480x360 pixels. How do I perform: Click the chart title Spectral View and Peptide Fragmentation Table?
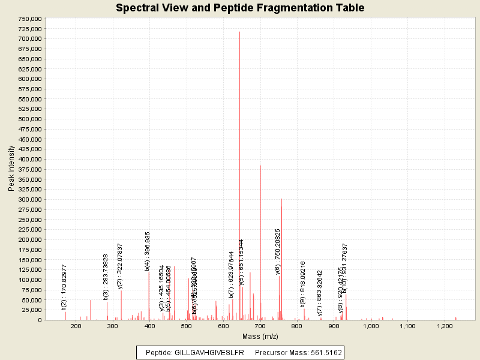[240, 8]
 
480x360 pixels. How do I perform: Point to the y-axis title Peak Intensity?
[11, 169]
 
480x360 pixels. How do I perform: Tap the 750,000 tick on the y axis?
[29, 19]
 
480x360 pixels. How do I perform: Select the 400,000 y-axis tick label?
[29, 160]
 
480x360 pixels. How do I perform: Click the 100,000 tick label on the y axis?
[29, 280]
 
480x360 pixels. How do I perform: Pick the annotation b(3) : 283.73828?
[106, 277]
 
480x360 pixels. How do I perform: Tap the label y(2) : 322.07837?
[120, 266]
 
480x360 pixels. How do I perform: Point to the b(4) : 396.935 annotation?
[148, 251]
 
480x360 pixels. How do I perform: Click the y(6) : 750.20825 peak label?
[278, 251]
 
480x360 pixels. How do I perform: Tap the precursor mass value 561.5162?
[325, 353]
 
